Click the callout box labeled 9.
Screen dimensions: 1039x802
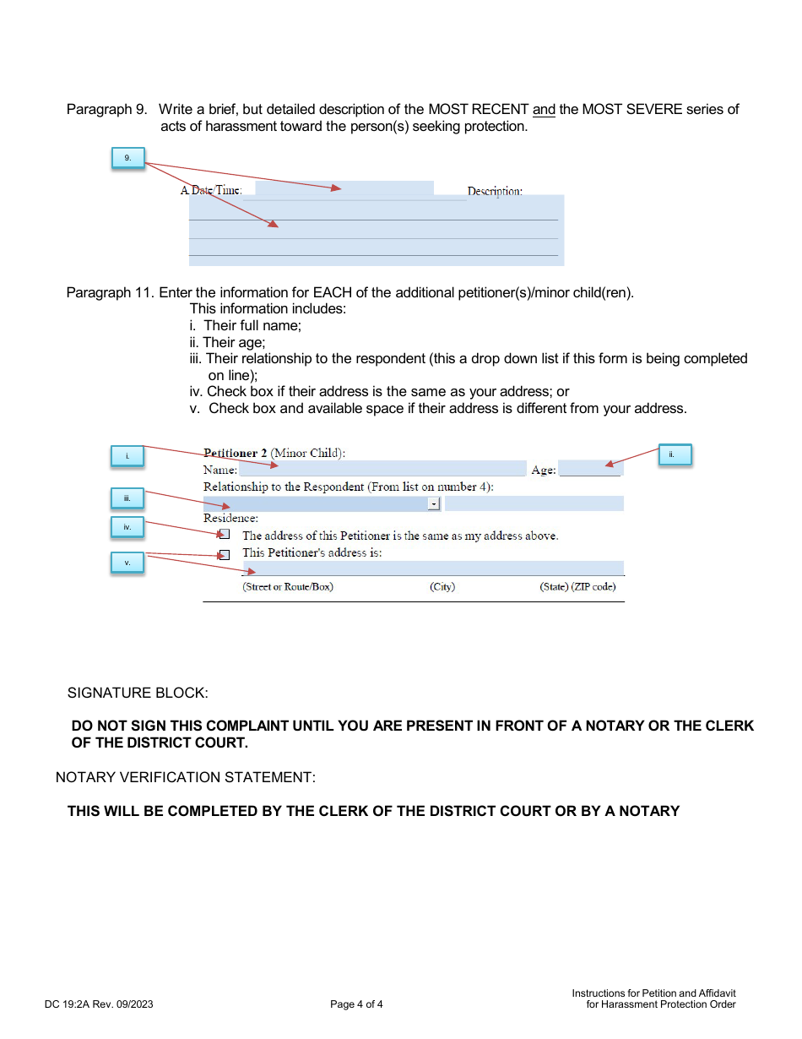[x=127, y=159]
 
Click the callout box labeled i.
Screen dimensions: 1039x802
[x=127, y=456]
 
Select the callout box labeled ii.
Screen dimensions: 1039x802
[x=674, y=455]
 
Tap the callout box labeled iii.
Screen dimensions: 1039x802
[x=127, y=498]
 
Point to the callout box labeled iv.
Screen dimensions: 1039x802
[x=127, y=528]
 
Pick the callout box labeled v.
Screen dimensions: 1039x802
[x=127, y=563]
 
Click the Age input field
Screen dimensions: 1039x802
[x=589, y=469]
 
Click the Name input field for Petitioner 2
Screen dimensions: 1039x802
[x=382, y=469]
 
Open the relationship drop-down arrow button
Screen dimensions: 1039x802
[x=434, y=503]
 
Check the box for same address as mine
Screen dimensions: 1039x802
[x=224, y=535]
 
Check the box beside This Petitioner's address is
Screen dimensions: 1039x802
[x=224, y=555]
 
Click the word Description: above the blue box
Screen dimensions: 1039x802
[x=495, y=192]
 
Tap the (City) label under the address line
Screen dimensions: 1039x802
[x=442, y=587]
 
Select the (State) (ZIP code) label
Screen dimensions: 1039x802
[x=577, y=587]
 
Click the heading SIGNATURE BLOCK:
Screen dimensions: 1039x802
[x=138, y=693]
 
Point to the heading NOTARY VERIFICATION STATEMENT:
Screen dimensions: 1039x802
[x=186, y=777]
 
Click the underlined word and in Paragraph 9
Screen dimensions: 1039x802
[x=544, y=109]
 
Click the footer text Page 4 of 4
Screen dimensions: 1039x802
[x=356, y=1004]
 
